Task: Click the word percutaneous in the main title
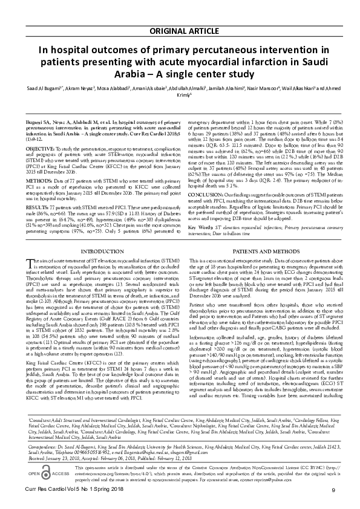[221, 34]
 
